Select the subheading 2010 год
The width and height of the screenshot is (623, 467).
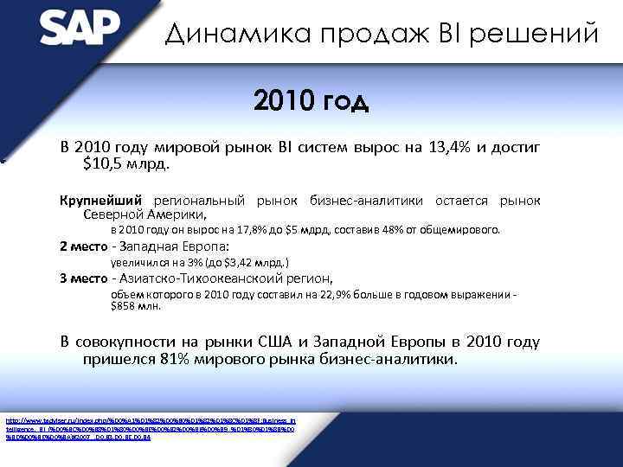[311, 103]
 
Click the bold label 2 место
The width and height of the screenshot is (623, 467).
[84, 245]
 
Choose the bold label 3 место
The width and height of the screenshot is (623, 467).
[84, 278]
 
